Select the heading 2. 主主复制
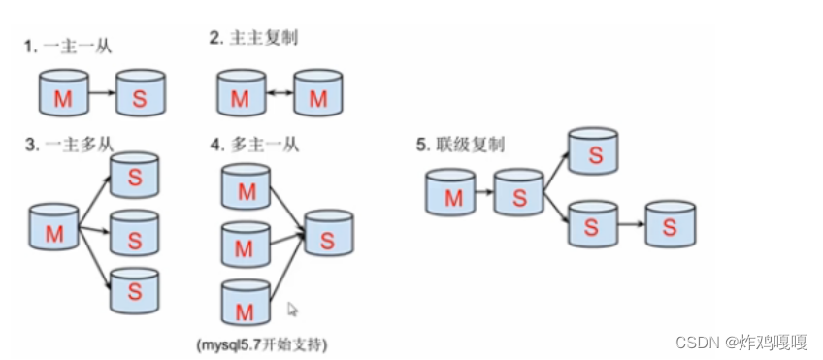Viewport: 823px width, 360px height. point(255,39)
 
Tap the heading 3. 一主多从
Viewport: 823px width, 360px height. point(69,145)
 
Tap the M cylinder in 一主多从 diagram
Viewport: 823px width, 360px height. point(53,230)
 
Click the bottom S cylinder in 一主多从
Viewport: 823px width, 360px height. point(134,289)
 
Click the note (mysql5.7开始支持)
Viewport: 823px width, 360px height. point(261,344)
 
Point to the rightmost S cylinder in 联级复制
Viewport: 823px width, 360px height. point(671,226)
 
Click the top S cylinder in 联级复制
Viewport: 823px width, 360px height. point(593,152)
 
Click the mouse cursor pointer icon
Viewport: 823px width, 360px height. point(293,310)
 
